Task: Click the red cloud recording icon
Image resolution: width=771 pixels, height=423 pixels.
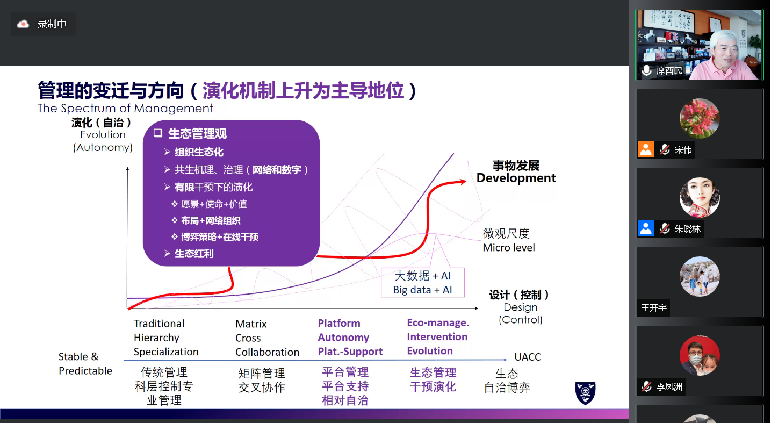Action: [23, 24]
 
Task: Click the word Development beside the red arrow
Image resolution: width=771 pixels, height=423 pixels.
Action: [516, 178]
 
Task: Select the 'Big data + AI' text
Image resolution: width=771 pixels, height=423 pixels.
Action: [423, 290]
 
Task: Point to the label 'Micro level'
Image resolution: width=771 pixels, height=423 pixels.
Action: [509, 247]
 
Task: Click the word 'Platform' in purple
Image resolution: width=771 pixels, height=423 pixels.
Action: [339, 323]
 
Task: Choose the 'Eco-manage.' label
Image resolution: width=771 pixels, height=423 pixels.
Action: [438, 323]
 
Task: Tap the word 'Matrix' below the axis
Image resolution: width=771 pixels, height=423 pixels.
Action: [251, 324]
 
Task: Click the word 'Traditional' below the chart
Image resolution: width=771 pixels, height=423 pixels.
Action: [159, 324]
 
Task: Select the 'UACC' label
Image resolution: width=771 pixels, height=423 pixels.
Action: [527, 357]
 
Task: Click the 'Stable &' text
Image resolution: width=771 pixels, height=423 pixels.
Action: [78, 356]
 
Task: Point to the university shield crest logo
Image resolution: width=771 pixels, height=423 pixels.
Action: [585, 393]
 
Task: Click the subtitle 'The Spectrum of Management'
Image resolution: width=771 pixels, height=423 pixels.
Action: [125, 108]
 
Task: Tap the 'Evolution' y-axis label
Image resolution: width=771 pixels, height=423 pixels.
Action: [103, 134]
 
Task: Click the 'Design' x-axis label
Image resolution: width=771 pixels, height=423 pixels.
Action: [521, 307]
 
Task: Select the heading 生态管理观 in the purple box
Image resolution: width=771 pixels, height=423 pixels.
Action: [197, 133]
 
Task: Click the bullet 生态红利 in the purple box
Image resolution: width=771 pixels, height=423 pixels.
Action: [194, 254]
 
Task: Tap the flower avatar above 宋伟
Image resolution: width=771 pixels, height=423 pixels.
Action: [700, 118]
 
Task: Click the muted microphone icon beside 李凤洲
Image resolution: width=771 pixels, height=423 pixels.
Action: [647, 386]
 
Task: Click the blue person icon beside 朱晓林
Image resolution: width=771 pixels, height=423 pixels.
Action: [646, 228]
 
